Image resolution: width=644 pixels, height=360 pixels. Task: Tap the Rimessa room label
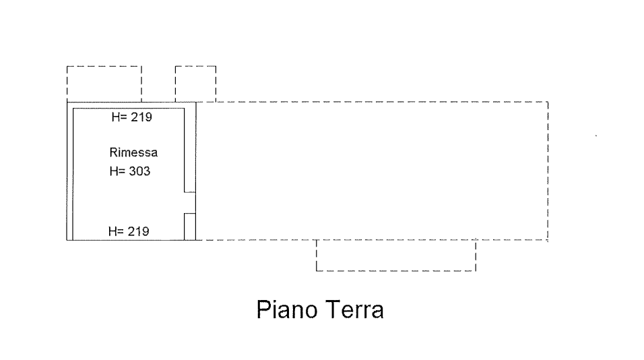133,152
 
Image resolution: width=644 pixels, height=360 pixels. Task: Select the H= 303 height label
129,171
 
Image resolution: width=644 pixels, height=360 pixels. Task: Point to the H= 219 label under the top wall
132,117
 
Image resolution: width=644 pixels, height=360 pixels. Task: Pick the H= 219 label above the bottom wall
129,231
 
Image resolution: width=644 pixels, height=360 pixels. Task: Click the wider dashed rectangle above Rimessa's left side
104,83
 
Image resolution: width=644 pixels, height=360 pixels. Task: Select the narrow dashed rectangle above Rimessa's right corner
195,84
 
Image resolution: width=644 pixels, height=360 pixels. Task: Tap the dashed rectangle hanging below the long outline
395,256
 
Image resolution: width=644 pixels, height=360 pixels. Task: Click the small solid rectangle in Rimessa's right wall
190,226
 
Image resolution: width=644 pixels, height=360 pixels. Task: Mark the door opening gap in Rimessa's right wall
190,203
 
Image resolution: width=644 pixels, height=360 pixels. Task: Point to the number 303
140,171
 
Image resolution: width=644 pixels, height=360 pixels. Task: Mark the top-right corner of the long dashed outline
548,102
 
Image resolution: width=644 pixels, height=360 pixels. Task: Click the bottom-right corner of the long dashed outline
548,240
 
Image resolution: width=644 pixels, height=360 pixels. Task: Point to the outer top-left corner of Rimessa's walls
67,102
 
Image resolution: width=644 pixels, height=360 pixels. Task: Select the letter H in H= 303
112,171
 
